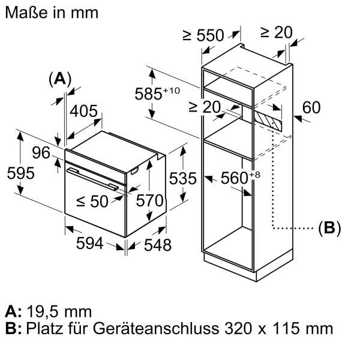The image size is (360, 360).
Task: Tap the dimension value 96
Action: pos(41,153)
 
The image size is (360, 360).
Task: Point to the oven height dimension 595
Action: pos(20,173)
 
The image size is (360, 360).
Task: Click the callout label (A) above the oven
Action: pos(59,79)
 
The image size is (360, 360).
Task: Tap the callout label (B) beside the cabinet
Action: pos(329,227)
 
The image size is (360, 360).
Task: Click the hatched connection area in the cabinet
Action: pos(268,117)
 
